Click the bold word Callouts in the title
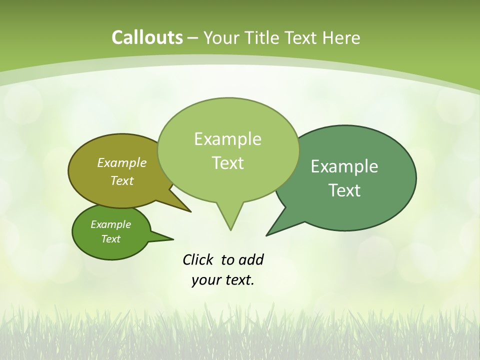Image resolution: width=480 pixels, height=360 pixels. (147, 37)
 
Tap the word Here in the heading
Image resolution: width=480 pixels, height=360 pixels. (341, 38)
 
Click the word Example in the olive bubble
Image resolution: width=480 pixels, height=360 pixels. (122, 162)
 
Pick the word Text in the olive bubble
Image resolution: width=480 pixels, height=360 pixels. (122, 180)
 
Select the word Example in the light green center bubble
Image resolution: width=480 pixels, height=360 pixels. (227, 139)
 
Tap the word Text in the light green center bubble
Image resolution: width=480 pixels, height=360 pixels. (227, 163)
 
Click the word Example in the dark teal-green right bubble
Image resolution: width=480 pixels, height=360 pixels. (344, 166)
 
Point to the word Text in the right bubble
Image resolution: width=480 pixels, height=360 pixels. (344, 190)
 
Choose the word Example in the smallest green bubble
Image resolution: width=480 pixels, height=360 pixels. (110, 224)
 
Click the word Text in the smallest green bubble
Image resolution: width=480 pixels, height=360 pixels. (110, 239)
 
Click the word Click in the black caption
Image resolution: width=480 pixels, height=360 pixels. (198, 259)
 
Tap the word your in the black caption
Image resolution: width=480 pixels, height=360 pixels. (205, 280)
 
